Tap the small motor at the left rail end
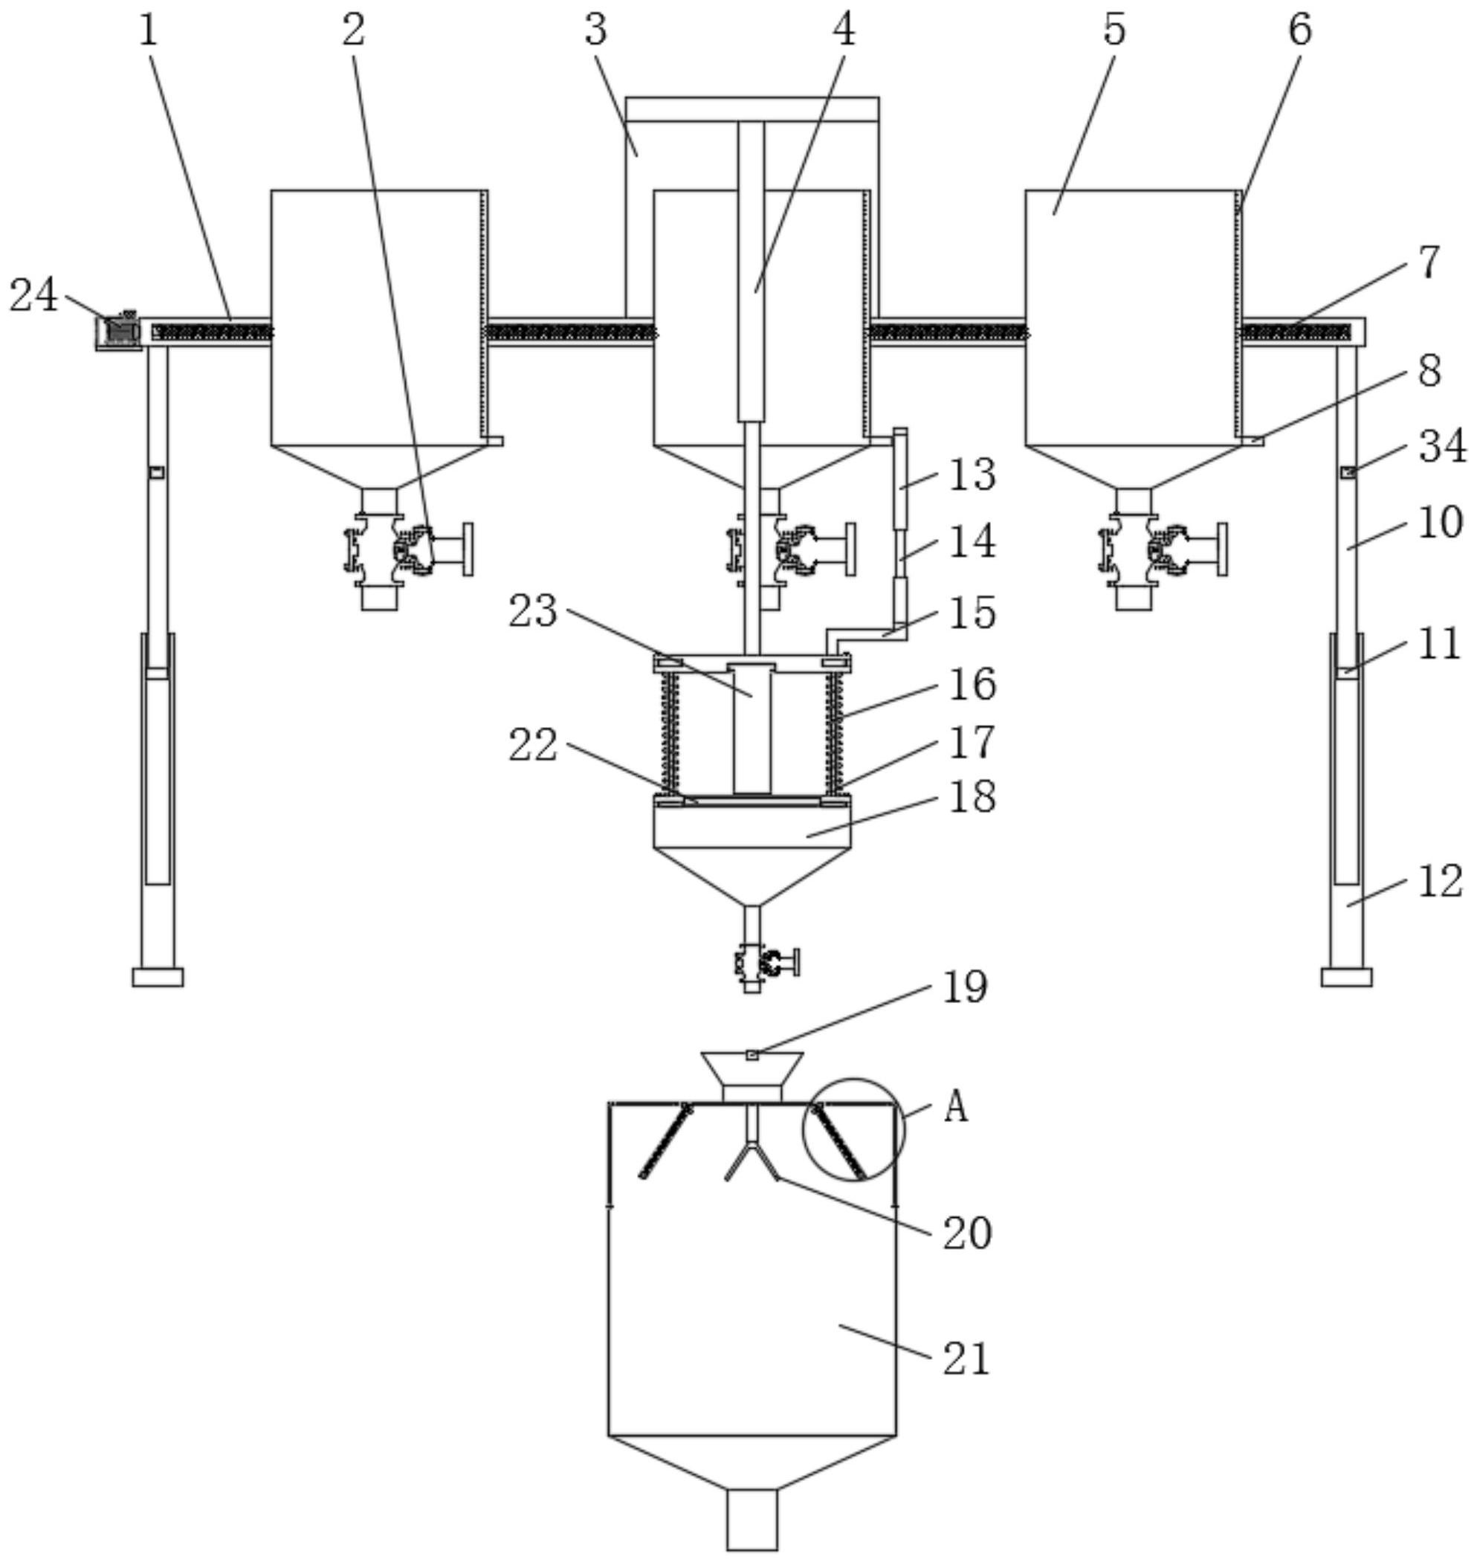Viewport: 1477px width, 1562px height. pyautogui.click(x=118, y=331)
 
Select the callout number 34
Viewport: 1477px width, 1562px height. pyautogui.click(x=1442, y=446)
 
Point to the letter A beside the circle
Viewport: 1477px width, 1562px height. pyautogui.click(x=955, y=1108)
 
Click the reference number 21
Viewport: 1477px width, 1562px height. pyautogui.click(x=966, y=1360)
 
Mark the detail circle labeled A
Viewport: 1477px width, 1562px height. pyautogui.click(x=853, y=1130)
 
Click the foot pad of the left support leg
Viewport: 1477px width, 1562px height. pyautogui.click(x=158, y=977)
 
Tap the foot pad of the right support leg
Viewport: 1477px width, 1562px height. pyautogui.click(x=1346, y=977)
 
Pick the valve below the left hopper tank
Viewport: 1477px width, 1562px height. pyautogui.click(x=408, y=549)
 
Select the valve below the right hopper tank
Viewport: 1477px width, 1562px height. pyautogui.click(x=1163, y=549)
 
